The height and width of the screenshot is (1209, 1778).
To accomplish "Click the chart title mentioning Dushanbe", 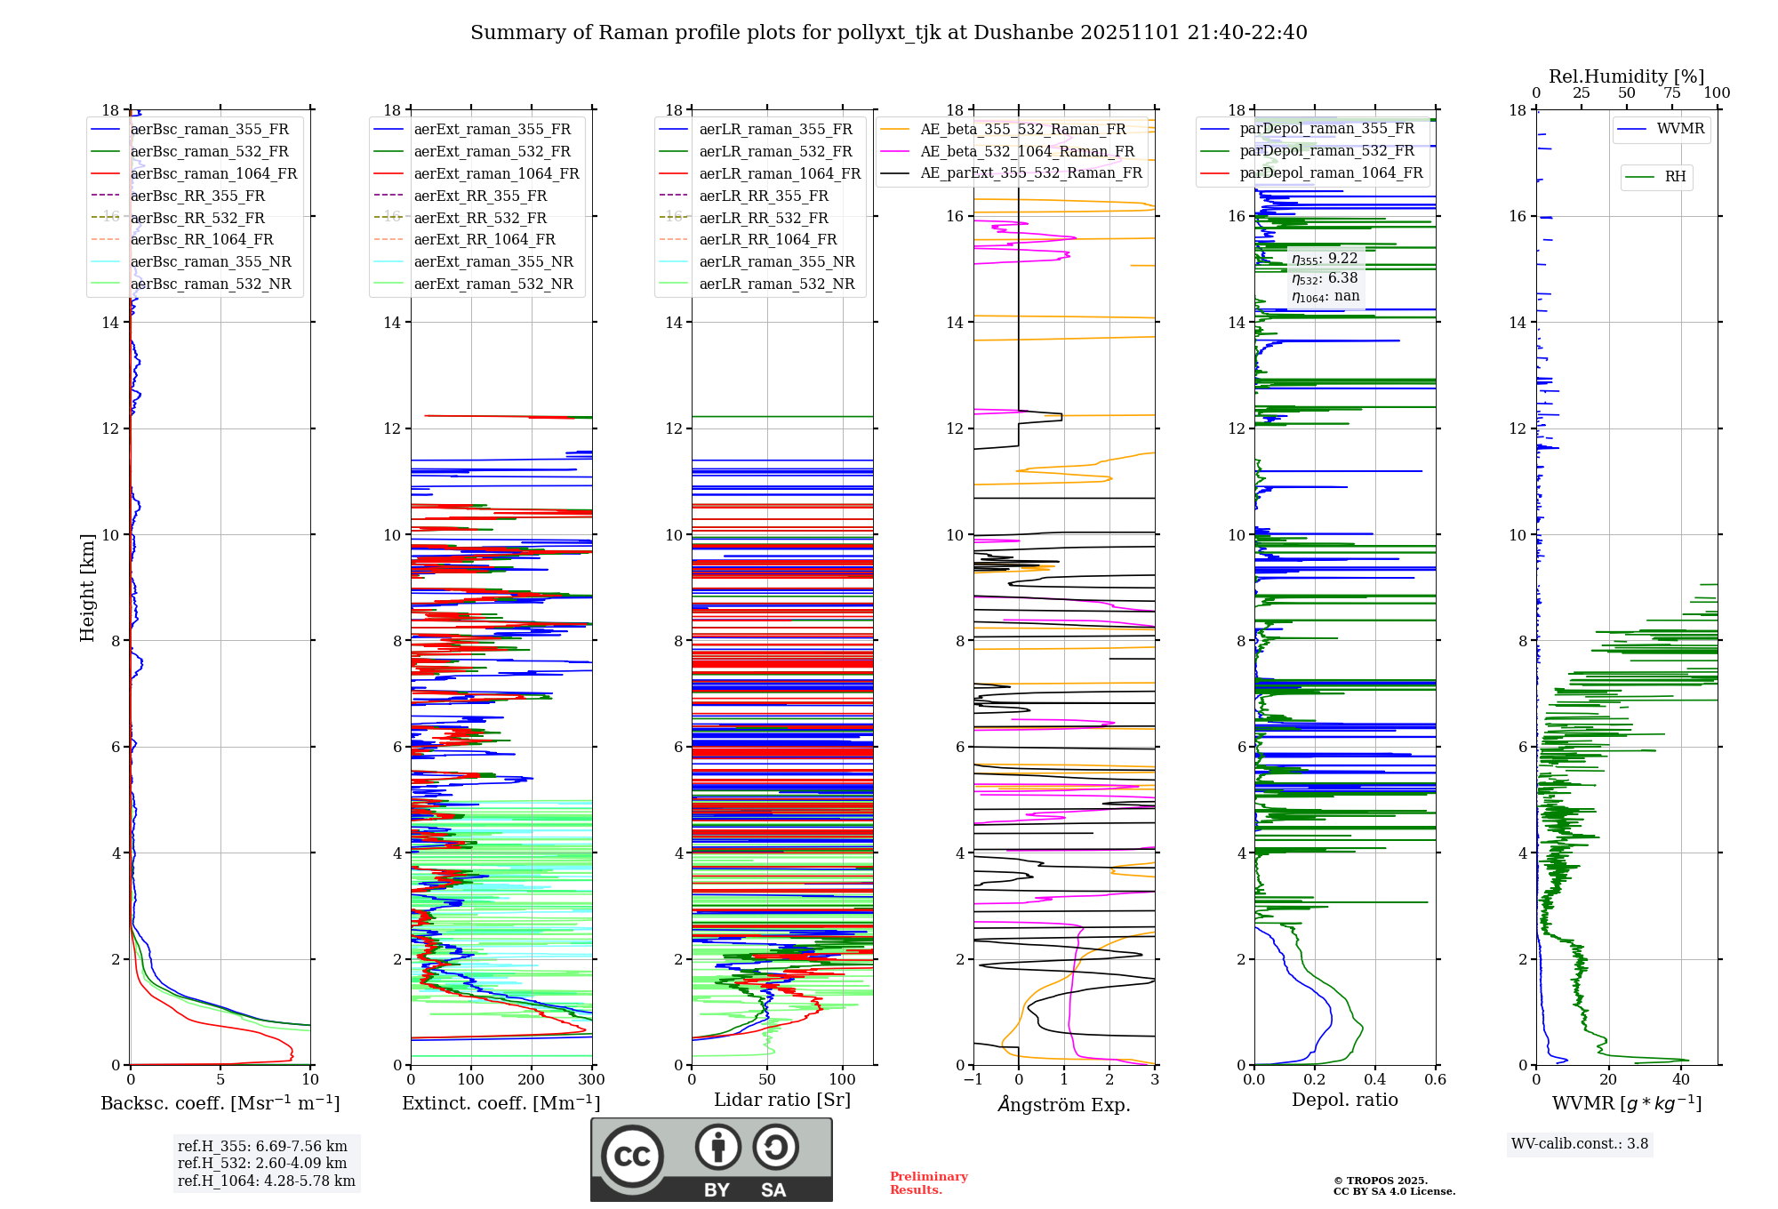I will click(x=888, y=33).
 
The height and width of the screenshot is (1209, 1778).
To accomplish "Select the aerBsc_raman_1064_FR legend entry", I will click(x=213, y=173).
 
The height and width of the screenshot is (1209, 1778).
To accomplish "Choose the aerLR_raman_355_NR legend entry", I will click(x=776, y=261).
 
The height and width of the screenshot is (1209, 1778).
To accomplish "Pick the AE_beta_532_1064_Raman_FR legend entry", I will click(x=1027, y=151).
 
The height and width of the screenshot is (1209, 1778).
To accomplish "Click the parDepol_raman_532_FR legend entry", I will click(x=1326, y=150).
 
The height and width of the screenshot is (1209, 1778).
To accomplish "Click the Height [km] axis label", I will click(x=87, y=588).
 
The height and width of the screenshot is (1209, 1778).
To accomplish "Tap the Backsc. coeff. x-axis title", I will click(x=220, y=1103).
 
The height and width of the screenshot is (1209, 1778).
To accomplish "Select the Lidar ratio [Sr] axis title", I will click(x=781, y=1100).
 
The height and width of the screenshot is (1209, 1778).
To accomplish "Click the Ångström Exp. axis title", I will click(x=1063, y=1104).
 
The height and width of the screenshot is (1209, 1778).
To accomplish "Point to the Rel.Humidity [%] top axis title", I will click(x=1626, y=76).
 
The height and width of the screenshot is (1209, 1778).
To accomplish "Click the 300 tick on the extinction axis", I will click(x=591, y=1080).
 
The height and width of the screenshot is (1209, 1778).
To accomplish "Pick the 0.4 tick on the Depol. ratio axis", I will click(x=1374, y=1080).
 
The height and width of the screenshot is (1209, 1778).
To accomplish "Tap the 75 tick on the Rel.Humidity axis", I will click(x=1671, y=93).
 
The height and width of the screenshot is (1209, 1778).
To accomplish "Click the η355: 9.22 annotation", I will click(x=1325, y=259).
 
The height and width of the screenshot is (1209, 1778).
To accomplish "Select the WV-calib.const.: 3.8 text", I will click(x=1579, y=1144).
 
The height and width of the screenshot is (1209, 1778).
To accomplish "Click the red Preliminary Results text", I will click(x=928, y=1183).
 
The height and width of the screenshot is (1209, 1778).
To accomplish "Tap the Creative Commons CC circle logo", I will click(x=632, y=1156).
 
